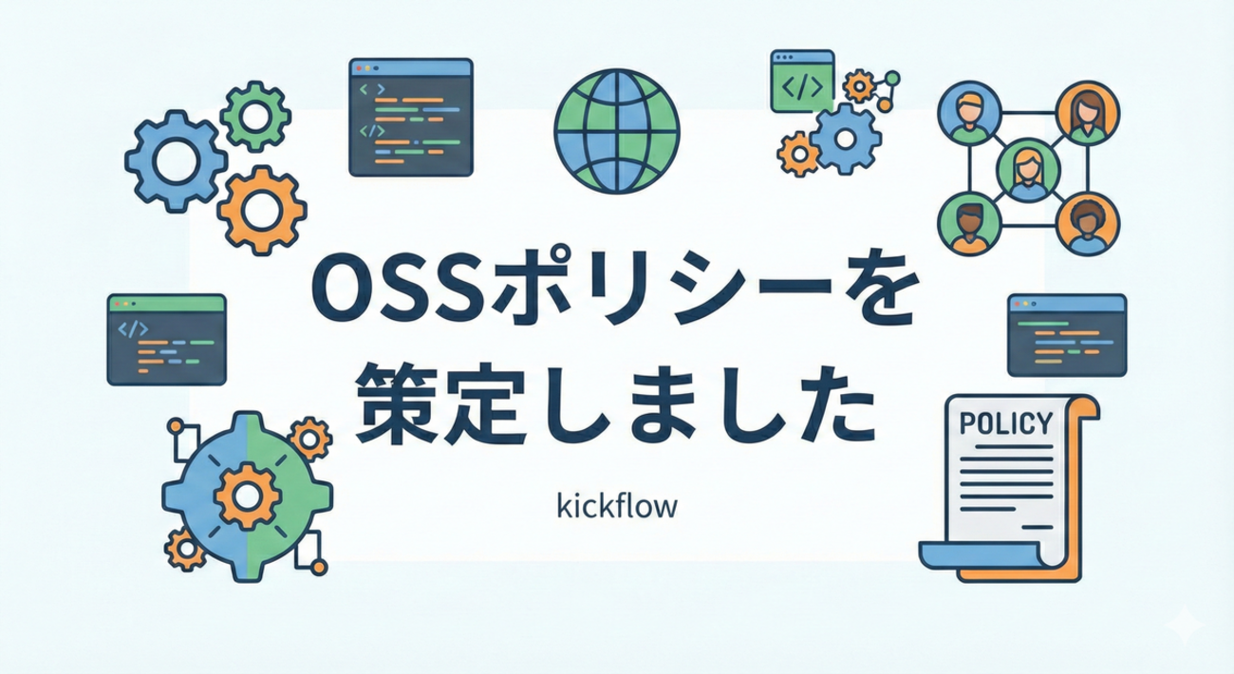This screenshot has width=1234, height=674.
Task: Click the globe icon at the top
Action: point(617,131)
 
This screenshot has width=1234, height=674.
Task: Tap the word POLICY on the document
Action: point(1006,423)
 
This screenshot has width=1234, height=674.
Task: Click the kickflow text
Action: point(617,505)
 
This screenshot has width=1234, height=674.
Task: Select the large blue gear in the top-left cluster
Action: point(176,160)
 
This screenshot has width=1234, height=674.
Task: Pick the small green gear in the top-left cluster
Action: point(255,116)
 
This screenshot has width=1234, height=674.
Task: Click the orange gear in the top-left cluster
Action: point(262,211)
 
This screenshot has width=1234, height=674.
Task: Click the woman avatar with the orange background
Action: point(1088,113)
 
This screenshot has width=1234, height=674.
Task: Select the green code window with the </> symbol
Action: point(802,81)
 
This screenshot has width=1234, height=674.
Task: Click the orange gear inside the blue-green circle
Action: point(247,496)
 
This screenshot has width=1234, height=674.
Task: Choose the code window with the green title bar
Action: point(166,340)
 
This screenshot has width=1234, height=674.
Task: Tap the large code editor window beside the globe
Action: point(411,118)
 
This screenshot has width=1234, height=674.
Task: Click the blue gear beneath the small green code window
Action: point(845,139)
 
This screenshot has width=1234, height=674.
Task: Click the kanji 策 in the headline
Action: point(393,403)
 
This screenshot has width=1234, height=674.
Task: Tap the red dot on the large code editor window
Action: point(359,68)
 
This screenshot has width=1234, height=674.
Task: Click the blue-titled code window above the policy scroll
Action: point(1067,335)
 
